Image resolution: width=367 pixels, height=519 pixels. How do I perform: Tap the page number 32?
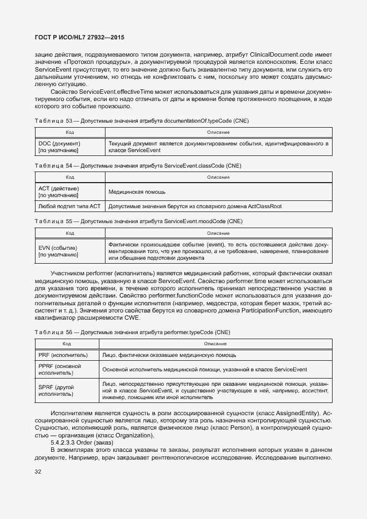click(x=38, y=472)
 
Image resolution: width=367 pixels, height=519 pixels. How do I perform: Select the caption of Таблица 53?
click(x=134, y=120)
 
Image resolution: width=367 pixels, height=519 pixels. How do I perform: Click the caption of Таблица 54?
click(x=137, y=166)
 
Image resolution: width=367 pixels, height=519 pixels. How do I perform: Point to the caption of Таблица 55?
click(x=138, y=221)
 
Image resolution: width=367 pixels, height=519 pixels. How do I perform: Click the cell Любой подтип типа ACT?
click(x=69, y=206)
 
